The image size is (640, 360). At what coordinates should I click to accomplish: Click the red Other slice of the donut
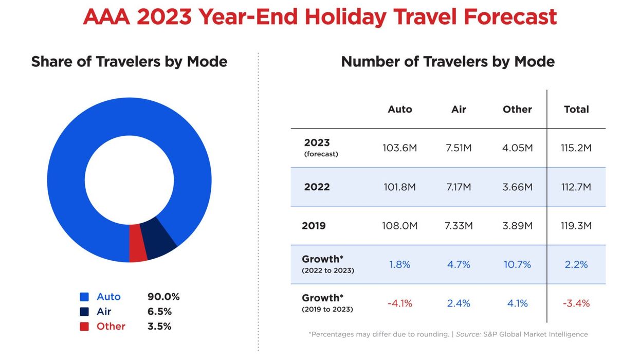point(138,243)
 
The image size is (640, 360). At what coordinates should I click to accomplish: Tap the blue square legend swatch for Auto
point(84,297)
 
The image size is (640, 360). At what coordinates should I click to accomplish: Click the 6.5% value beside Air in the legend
point(159,312)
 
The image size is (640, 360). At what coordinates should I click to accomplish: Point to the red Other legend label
point(111,327)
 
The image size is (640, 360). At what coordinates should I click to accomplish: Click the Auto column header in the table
point(399,110)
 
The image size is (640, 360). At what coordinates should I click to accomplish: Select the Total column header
point(576,110)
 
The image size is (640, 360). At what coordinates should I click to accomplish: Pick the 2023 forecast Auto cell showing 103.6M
point(399,148)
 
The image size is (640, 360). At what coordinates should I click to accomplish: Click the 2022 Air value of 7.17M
point(459,187)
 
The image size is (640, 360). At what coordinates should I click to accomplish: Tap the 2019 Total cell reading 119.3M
point(576,226)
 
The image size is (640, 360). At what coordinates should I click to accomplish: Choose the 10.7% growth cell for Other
point(517,265)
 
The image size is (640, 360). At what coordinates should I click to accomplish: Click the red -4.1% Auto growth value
point(399,303)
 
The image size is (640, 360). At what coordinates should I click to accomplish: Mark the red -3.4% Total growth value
point(576,303)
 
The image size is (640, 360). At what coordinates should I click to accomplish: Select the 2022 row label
point(317,187)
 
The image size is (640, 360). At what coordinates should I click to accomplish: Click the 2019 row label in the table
point(314,226)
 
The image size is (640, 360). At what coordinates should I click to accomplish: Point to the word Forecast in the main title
point(510,16)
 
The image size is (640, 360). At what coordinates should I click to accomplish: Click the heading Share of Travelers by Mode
point(129,62)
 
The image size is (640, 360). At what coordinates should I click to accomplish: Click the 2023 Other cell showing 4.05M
point(517,148)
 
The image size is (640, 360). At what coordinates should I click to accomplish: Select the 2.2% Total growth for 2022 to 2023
point(576,265)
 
